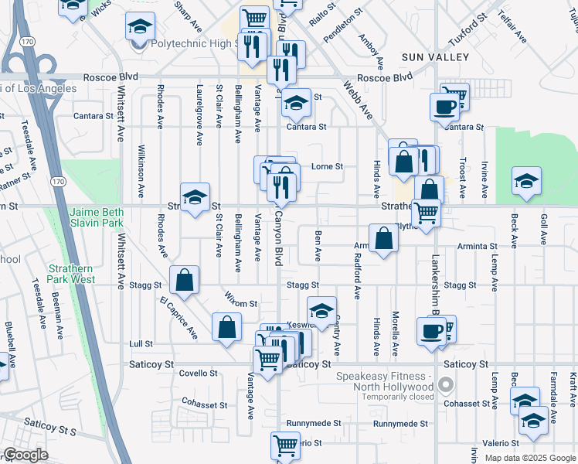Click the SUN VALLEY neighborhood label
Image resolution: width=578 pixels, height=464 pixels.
pyautogui.click(x=435, y=57)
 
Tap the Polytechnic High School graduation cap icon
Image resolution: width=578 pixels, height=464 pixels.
pyautogui.click(x=140, y=29)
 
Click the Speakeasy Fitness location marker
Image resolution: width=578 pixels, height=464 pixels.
pyautogui.click(x=445, y=384)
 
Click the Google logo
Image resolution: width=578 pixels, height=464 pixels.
pyautogui.click(x=25, y=455)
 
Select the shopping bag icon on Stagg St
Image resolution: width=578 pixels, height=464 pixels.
pyautogui.click(x=185, y=282)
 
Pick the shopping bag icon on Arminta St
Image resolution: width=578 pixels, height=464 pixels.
pyautogui.click(x=383, y=240)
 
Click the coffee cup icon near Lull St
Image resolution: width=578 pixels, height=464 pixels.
pyautogui.click(x=431, y=331)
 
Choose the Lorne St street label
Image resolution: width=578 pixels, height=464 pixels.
pyautogui.click(x=327, y=166)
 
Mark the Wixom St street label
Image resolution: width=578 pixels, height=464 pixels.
pyautogui.click(x=242, y=304)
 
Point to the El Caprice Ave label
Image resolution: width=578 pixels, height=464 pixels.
pyautogui.click(x=178, y=318)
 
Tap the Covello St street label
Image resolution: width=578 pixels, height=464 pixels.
pyautogui.click(x=199, y=373)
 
